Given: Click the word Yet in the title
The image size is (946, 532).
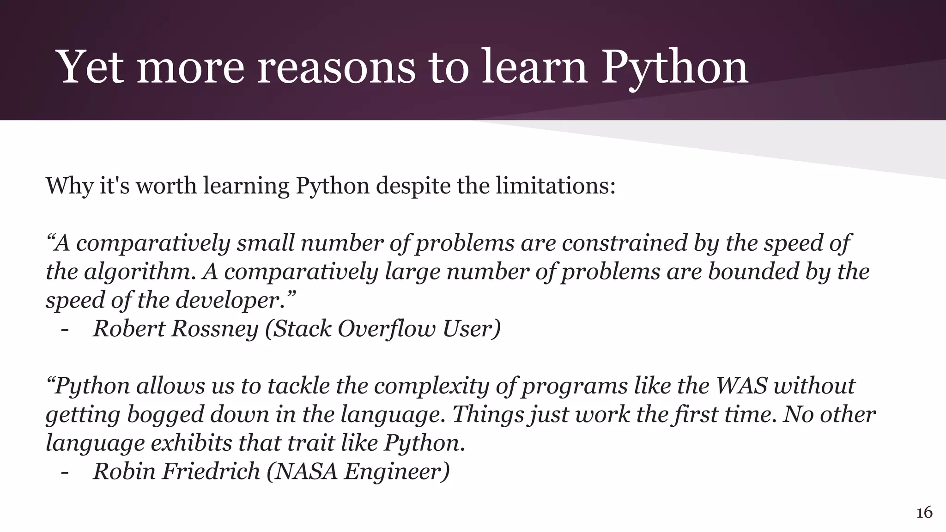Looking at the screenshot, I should (91, 67).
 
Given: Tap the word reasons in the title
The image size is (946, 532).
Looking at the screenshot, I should (336, 67).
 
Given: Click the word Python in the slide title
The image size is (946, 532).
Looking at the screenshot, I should (674, 67).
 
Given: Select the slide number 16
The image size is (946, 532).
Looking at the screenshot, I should (924, 513).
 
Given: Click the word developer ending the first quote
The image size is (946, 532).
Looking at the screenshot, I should (235, 300).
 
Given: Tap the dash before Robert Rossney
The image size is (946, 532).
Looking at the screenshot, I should (65, 330).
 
